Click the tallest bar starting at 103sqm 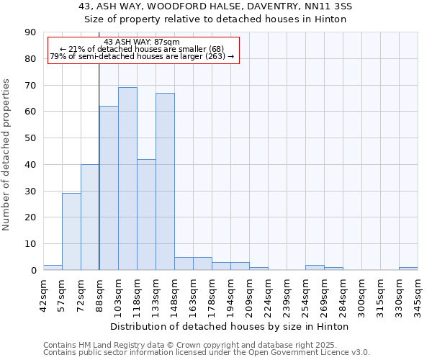(127, 179)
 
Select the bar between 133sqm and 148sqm (165, 181)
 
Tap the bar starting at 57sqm (71, 231)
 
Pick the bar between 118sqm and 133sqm (146, 215)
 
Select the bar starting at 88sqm (109, 188)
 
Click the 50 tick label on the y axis (32, 138)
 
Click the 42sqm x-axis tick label (43, 294)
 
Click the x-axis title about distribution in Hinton (230, 326)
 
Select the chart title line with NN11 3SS (215, 6)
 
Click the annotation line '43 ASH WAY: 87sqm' (142, 42)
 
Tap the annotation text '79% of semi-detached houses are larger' (142, 56)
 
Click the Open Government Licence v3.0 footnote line (207, 352)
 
